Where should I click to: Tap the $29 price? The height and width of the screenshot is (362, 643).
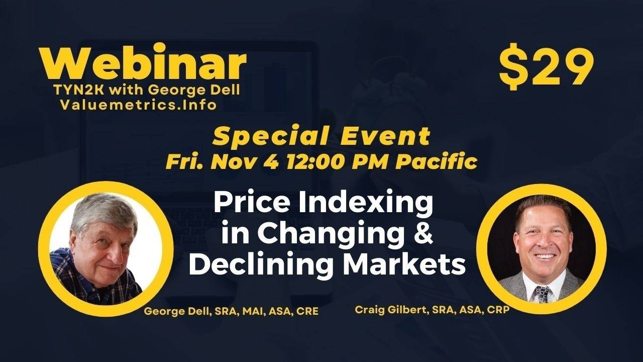pos(546,68)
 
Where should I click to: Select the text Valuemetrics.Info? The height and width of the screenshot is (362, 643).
pos(138,105)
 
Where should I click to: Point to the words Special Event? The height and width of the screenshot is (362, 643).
pos(322,136)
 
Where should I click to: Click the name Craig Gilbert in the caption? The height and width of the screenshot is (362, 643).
pos(385,310)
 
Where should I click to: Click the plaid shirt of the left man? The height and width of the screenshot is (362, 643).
pos(80,282)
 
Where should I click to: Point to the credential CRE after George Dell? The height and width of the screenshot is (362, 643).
pos(307,311)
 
